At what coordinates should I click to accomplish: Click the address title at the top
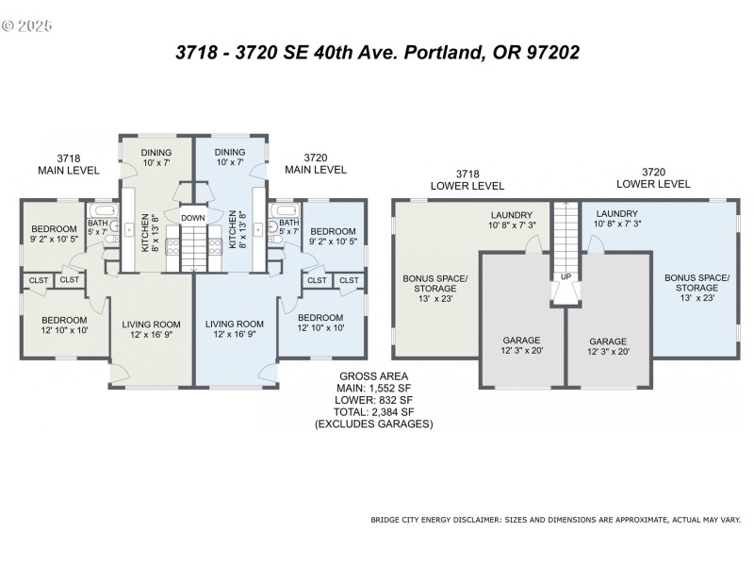click(377, 53)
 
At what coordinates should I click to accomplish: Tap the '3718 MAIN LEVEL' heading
click(67, 164)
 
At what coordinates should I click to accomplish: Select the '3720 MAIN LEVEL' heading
click(316, 164)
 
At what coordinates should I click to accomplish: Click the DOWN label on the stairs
click(193, 217)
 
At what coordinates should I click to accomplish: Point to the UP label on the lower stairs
click(565, 276)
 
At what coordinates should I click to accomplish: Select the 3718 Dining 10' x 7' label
click(156, 158)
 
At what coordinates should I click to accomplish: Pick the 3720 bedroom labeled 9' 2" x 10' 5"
click(333, 237)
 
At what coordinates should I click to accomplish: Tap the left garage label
click(521, 345)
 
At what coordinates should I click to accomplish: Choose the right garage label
click(608, 345)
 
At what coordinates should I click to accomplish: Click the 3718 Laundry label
click(512, 220)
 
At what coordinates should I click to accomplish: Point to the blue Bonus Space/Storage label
click(697, 288)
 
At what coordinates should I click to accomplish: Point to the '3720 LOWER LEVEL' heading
click(652, 177)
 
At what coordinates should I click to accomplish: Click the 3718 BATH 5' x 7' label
click(99, 227)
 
